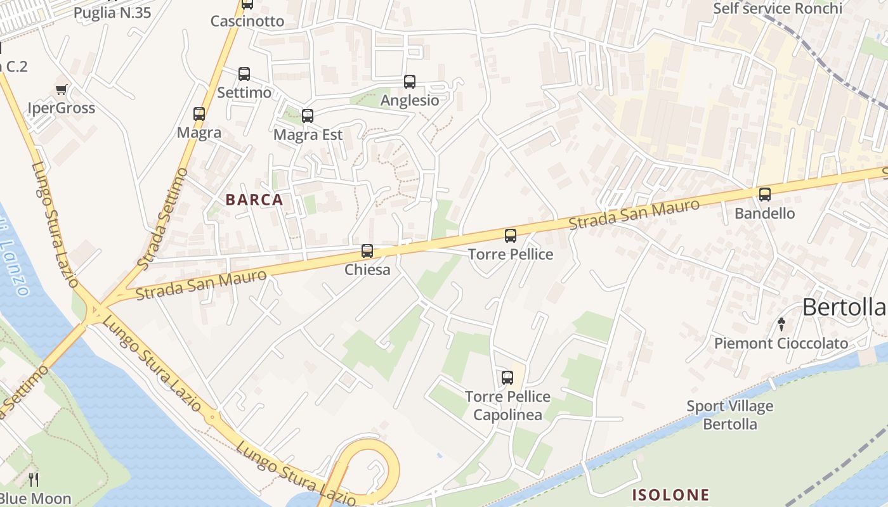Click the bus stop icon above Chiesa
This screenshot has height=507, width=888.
coord(367,251)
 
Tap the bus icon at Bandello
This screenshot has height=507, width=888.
coord(765,195)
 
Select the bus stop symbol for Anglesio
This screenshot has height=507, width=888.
coord(410,82)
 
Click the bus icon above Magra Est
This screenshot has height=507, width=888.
coord(308,116)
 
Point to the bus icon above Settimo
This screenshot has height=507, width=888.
coord(244,74)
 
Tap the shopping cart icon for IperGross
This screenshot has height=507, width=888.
coord(62,90)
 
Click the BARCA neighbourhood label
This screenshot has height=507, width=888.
coord(254,200)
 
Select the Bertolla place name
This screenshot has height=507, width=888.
coord(843,307)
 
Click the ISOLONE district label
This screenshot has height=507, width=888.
coord(670,494)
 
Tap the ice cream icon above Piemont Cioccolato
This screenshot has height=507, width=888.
coord(781,324)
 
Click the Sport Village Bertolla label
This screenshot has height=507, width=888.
coord(730,414)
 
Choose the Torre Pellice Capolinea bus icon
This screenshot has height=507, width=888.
coord(507,378)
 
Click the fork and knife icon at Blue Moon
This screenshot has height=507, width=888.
coord(34,479)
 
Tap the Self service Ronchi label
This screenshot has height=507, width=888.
coord(778,8)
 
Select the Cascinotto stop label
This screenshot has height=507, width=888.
coord(247,21)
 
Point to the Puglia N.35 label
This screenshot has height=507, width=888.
coord(112,13)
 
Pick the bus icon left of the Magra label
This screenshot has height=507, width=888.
coord(199,114)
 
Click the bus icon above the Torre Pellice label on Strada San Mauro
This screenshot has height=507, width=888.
coord(511,236)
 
